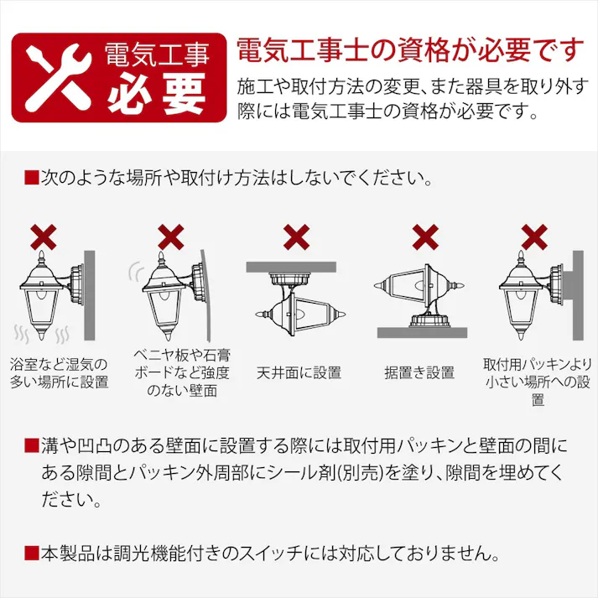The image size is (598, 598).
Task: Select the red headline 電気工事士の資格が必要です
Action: coord(409,50)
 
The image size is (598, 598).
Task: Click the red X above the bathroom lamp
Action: coord(44,237)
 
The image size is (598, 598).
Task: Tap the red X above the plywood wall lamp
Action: coord(171,237)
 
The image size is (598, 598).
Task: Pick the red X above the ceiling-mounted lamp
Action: coord(297,237)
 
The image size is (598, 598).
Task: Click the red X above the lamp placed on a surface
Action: coord(424,237)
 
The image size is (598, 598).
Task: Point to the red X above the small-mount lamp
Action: coord(534,237)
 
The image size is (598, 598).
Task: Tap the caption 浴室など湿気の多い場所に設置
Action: coord(59,372)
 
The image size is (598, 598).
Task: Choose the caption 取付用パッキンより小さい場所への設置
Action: coord(538,382)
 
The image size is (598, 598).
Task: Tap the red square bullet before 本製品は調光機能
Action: coord(32,554)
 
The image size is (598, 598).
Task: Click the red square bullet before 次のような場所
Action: coord(32,179)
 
